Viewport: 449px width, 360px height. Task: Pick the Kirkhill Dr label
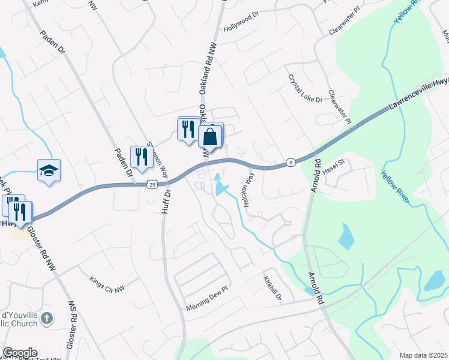pyautogui.click(x=272, y=287)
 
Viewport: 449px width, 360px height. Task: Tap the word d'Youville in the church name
pyautogui.click(x=19, y=316)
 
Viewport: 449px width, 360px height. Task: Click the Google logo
pyautogui.click(x=20, y=353)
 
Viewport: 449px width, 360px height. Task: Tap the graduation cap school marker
pyautogui.click(x=49, y=170)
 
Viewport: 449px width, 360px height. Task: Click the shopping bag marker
pyautogui.click(x=210, y=136)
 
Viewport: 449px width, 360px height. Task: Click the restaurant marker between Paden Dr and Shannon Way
pyautogui.click(x=141, y=157)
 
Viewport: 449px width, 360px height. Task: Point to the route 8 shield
pyautogui.click(x=291, y=162)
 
